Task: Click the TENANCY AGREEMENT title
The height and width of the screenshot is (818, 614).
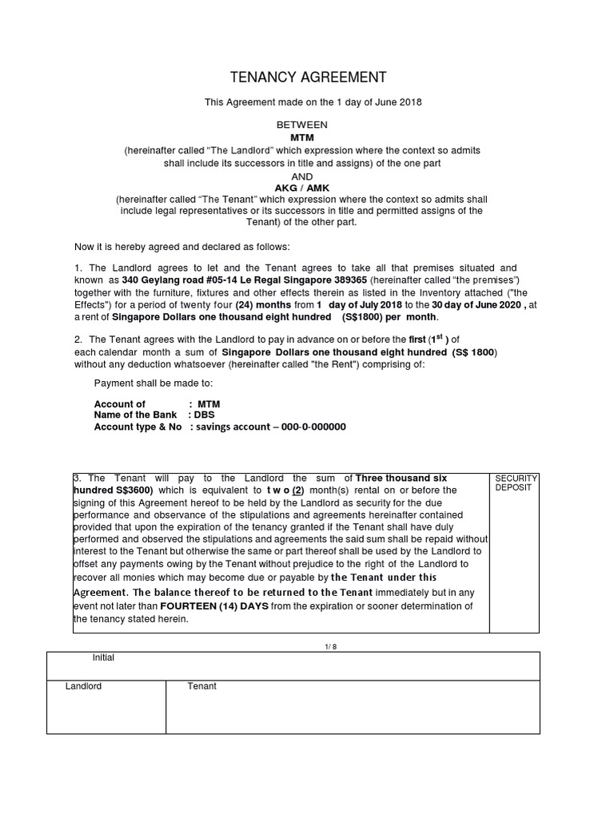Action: pyautogui.click(x=308, y=77)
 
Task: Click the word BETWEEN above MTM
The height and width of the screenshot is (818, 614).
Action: pyautogui.click(x=301, y=125)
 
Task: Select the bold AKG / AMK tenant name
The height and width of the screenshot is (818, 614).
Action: pyautogui.click(x=301, y=188)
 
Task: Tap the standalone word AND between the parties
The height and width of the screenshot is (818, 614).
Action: pyautogui.click(x=301, y=176)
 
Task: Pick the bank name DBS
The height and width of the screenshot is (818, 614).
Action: pyautogui.click(x=204, y=415)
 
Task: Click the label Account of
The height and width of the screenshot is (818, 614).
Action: pyautogui.click(x=120, y=404)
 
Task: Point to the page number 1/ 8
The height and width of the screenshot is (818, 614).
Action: pyautogui.click(x=307, y=646)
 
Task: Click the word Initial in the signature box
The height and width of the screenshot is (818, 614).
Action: pyautogui.click(x=103, y=658)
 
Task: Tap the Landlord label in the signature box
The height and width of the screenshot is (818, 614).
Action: pyautogui.click(x=83, y=686)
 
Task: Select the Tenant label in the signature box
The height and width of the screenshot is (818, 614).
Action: pyautogui.click(x=201, y=686)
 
